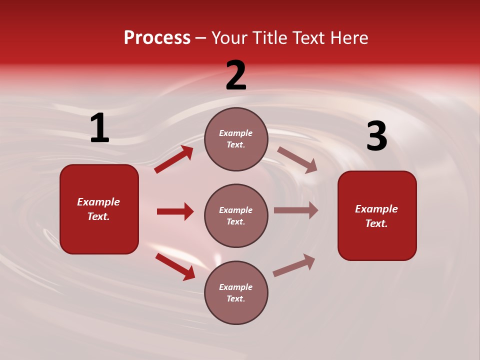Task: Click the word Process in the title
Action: pos(157,38)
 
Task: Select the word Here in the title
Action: pos(347,38)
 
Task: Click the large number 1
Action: pos(99,128)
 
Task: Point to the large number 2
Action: pos(236,75)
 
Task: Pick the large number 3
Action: pos(376,136)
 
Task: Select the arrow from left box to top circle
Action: pos(174,159)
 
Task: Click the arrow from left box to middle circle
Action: pos(175,211)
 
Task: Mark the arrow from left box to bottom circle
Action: pos(175,266)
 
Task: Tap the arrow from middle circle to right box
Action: pos(296,210)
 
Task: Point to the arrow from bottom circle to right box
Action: pos(294,265)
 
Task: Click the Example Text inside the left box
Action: pos(98,209)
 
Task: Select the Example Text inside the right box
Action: pos(376,216)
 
